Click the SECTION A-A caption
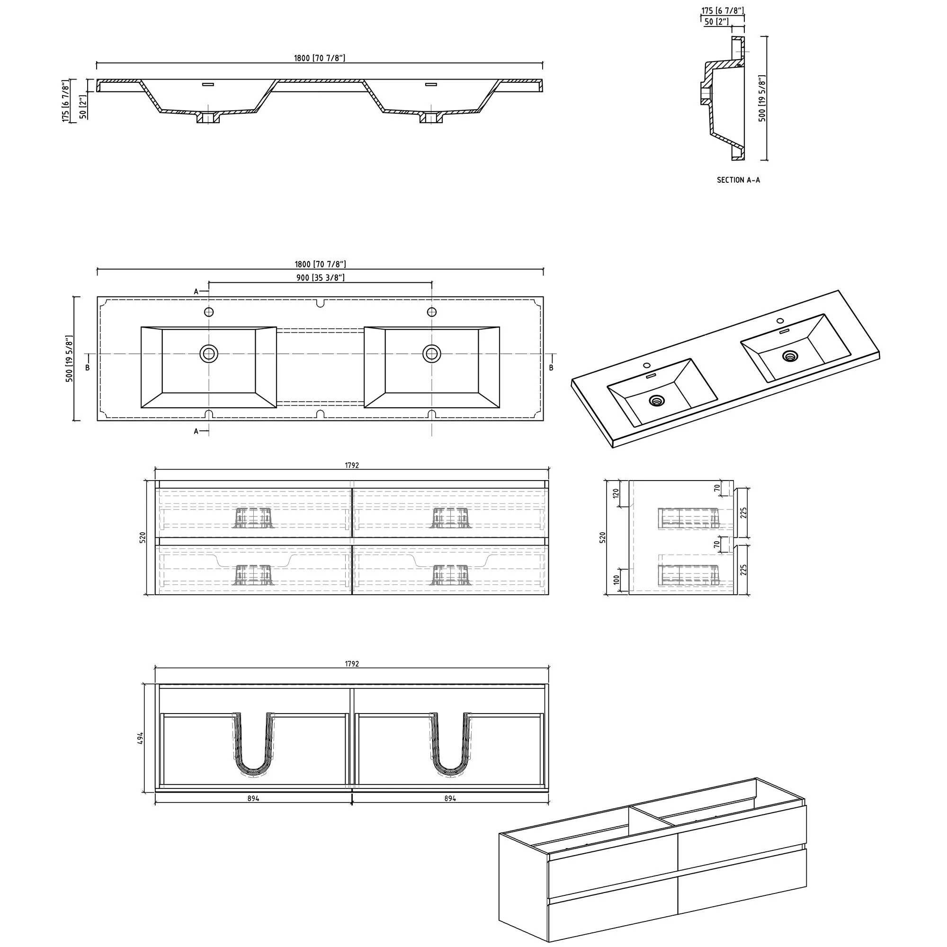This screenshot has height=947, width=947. (x=738, y=180)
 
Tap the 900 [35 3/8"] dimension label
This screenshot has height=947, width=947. (x=320, y=278)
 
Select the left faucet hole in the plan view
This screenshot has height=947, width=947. (x=209, y=312)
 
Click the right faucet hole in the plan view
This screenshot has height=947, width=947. (x=432, y=312)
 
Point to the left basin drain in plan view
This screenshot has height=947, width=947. (x=209, y=353)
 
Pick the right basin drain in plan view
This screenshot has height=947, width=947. (x=432, y=353)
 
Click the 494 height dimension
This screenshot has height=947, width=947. (x=141, y=738)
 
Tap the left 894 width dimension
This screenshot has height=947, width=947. (x=253, y=798)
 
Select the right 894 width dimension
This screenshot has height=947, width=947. (x=450, y=798)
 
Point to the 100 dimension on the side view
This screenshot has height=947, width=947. (x=616, y=580)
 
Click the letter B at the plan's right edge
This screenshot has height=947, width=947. (x=551, y=367)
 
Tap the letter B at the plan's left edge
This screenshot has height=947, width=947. (x=88, y=367)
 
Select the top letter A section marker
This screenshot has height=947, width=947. (x=196, y=292)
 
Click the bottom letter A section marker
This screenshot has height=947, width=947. (x=196, y=431)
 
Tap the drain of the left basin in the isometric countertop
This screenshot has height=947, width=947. (x=656, y=401)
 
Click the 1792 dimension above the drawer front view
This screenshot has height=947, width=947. (x=351, y=465)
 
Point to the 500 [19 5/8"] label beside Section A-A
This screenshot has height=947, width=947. (x=762, y=98)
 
